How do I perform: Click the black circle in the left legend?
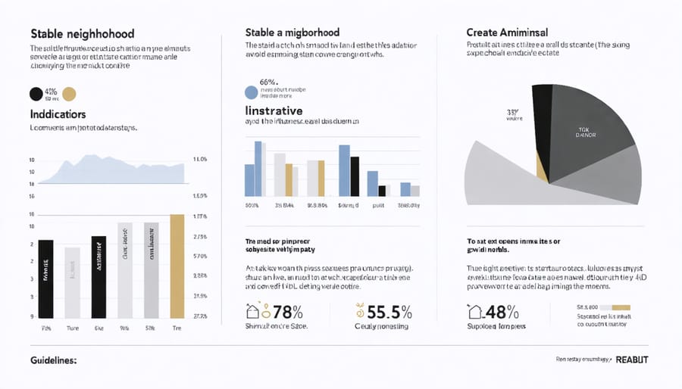[36, 94]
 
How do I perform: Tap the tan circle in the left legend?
[69, 94]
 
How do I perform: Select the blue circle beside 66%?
[252, 93]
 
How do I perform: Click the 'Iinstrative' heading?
[280, 110]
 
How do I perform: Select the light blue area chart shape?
[114, 170]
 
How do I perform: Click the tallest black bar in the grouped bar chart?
[354, 176]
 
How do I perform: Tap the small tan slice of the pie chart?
[541, 163]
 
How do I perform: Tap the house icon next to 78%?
[254, 310]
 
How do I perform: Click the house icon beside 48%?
[476, 310]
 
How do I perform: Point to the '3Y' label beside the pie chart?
[511, 112]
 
